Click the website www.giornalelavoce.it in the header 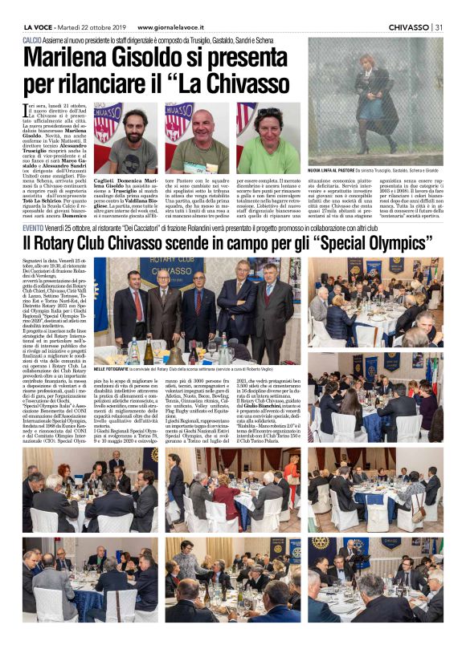tap(174, 26)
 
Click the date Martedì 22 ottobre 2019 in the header tap(96, 26)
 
